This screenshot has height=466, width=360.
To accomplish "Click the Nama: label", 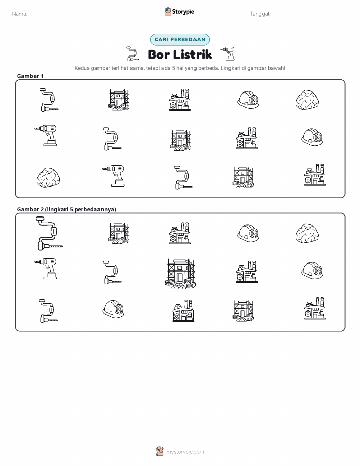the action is tap(20, 14).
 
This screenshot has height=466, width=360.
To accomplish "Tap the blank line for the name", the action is tap(83, 17).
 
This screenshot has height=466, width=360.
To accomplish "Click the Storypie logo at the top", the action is tap(179, 12).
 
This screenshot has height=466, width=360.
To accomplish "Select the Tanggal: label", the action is tap(260, 14).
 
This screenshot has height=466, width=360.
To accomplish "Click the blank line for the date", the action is tap(311, 17).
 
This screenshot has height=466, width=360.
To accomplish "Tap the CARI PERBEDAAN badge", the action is tap(180, 39).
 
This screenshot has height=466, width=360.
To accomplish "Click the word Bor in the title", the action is tap(158, 55).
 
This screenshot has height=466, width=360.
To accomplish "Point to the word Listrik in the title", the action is tap(192, 55).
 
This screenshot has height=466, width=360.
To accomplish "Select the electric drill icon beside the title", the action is tap(228, 53).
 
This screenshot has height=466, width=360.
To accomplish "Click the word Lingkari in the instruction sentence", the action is tap(230, 68).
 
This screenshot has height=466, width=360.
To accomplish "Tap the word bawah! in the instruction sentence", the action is tap(277, 68).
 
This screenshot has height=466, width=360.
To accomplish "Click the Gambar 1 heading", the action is tap(30, 76).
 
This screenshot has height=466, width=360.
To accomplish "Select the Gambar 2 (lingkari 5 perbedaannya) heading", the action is tap(67, 209).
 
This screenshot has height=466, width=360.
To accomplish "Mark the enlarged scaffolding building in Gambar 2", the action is tap(181, 274).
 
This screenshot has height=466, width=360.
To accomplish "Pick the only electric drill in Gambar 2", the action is tap(46, 269).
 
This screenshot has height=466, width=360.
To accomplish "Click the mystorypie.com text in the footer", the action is tap(185, 452).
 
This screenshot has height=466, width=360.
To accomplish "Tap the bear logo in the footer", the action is tap(160, 451).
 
